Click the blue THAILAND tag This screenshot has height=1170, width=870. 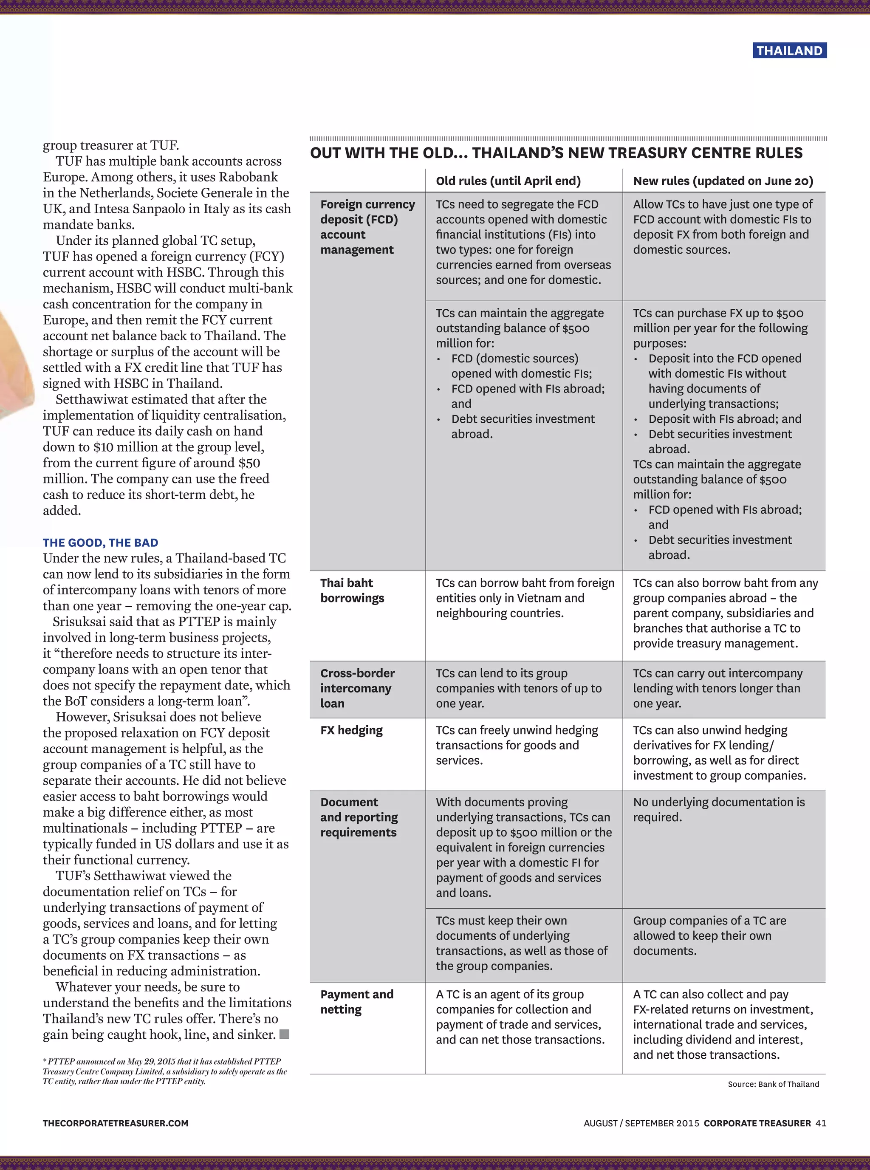click(x=789, y=51)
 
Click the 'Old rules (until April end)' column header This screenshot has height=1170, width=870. click(x=508, y=181)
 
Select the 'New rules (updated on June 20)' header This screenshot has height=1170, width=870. click(x=723, y=181)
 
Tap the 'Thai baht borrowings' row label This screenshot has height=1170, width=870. click(x=352, y=590)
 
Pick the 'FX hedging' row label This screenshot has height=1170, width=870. click(x=351, y=730)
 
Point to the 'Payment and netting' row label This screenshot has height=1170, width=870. click(x=356, y=1001)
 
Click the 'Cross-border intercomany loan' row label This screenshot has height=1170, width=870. click(x=357, y=688)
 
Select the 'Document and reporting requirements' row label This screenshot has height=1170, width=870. click(x=359, y=817)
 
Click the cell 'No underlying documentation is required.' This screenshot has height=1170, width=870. click(x=718, y=809)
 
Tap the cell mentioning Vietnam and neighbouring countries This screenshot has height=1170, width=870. click(x=525, y=598)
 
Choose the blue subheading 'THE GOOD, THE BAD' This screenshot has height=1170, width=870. click(x=101, y=543)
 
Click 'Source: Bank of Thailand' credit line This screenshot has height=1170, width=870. click(x=773, y=1084)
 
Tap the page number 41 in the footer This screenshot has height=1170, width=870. click(x=820, y=1123)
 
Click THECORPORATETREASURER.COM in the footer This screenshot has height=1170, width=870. click(x=115, y=1123)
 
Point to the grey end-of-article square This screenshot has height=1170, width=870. click(x=284, y=1034)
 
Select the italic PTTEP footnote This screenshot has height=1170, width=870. click(x=164, y=1071)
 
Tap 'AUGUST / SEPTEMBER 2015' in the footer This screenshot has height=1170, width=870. click(x=641, y=1123)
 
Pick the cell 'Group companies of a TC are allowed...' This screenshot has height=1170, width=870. click(x=709, y=935)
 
